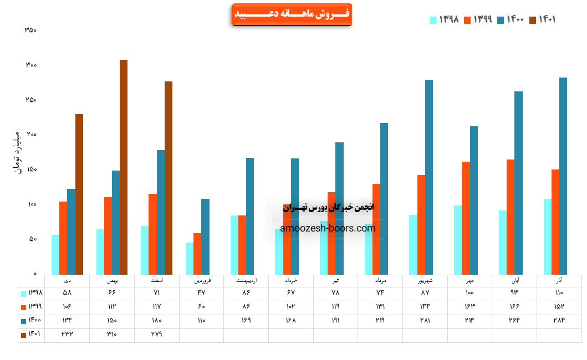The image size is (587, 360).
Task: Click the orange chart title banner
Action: pos(291,14)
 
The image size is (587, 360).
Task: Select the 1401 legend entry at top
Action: pos(543,20)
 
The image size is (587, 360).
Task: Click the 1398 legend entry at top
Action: pos(445,20)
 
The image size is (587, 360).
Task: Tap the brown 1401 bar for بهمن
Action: pos(124,167)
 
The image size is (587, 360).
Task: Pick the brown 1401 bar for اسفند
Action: pos(169,178)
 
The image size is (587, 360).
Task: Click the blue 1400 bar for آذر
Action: pos(563,176)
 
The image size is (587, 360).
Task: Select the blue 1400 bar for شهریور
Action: pos(429,177)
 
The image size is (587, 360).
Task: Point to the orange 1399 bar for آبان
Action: pos(511,217)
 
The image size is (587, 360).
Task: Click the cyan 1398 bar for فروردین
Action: pos(190,258)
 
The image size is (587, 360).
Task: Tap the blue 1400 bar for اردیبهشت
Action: pos(250,216)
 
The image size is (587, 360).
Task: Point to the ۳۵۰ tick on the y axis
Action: pos(30,30)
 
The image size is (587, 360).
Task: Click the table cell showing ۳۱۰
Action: pos(112,334)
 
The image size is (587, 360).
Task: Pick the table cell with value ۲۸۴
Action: pos(559,320)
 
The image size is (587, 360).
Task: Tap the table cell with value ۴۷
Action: pos(201,292)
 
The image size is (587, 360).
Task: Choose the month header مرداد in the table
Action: pos(380,281)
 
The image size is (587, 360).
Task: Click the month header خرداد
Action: pos(291,281)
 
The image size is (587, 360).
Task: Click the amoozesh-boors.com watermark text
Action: pos(328,228)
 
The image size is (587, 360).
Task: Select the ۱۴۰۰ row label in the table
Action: pos(32,320)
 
